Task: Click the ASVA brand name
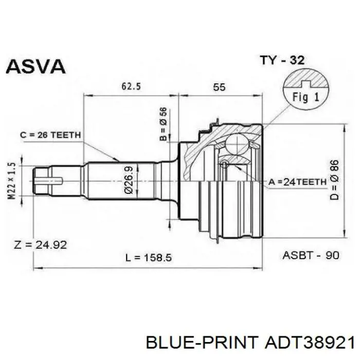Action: (35, 66)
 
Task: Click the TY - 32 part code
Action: (282, 60)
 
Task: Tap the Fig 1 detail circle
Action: (306, 90)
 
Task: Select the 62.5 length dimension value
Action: (131, 86)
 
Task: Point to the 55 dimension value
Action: (219, 87)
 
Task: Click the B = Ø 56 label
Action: (163, 124)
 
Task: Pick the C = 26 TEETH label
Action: (50, 135)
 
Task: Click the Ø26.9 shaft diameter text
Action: (129, 180)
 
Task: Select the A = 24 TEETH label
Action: (298, 182)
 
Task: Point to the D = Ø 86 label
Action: (334, 180)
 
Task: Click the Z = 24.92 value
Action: (41, 245)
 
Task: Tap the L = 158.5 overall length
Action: (149, 258)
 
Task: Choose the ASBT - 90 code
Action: (311, 255)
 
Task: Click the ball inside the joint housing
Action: (237, 143)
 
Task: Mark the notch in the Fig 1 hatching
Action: (306, 84)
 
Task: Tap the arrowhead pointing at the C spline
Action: (116, 159)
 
